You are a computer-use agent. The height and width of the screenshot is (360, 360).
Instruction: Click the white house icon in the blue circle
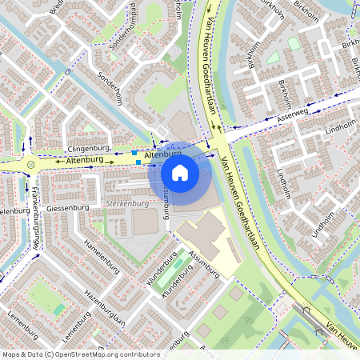tap(180, 173)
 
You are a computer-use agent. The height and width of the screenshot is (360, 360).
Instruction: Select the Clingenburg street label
tap(88, 149)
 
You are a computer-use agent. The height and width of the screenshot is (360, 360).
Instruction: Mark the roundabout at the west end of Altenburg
tap(31, 165)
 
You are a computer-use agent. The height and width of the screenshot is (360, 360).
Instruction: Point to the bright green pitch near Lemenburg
tap(58, 309)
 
